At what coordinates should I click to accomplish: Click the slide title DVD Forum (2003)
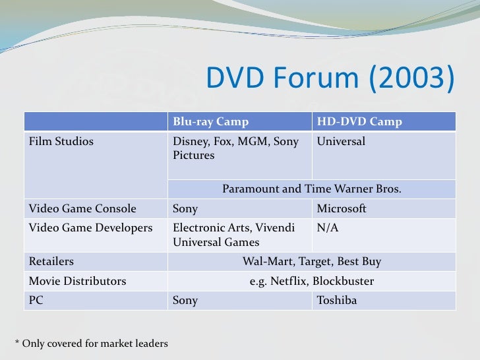(x=330, y=79)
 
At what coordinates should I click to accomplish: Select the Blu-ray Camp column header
(x=210, y=122)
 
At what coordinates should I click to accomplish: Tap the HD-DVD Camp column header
(x=359, y=122)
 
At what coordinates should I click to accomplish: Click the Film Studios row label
(x=61, y=141)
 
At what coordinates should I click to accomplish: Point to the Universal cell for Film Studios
(x=341, y=141)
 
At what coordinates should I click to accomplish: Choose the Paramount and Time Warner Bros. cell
(x=311, y=189)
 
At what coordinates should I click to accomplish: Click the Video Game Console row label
(x=82, y=209)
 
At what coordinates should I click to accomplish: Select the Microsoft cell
(x=342, y=209)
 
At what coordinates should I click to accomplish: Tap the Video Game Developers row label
(x=90, y=227)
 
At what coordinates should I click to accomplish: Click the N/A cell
(x=328, y=227)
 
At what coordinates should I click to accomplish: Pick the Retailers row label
(x=51, y=262)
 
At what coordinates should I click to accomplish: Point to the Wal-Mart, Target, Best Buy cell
(x=311, y=262)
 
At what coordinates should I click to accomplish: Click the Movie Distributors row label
(x=77, y=282)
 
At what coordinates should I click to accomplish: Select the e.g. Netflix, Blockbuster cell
(x=311, y=282)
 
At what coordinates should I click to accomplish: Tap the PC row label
(x=36, y=301)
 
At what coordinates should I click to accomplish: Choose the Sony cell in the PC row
(x=185, y=301)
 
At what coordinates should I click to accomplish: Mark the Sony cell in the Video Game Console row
(x=185, y=209)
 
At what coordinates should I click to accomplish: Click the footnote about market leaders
(x=91, y=344)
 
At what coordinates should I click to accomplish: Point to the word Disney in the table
(x=188, y=141)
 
